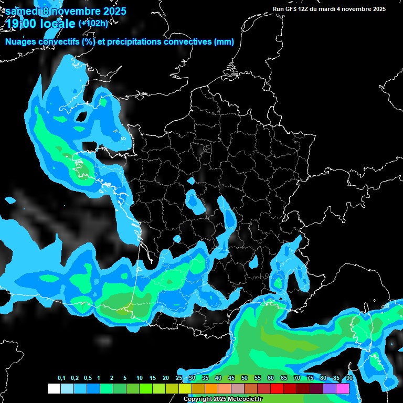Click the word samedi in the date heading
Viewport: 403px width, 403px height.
(23, 11)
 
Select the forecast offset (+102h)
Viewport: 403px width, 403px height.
(93, 23)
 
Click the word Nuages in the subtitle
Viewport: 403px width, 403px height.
(20, 41)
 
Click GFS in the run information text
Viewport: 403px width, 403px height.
(290, 9)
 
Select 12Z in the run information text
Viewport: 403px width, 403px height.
(304, 9)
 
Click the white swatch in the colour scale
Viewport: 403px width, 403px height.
(54, 388)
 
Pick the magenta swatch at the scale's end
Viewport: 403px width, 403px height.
(343, 388)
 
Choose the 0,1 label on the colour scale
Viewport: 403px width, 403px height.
(61, 378)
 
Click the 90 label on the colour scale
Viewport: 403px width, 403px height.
(349, 378)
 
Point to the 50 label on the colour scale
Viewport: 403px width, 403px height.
(245, 378)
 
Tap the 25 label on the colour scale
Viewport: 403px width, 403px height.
(179, 378)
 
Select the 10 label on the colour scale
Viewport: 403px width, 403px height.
(140, 378)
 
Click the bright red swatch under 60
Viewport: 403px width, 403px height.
(277, 388)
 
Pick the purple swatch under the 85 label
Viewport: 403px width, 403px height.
(330, 388)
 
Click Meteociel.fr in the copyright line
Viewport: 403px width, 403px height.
(245, 399)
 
